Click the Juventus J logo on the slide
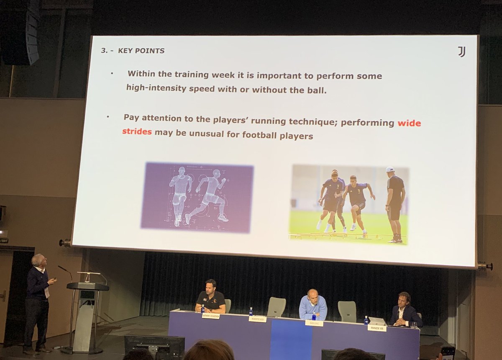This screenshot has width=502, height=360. coord(461,52)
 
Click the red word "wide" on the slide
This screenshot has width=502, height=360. coord(409,123)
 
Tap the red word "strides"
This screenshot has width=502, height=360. coord(137,132)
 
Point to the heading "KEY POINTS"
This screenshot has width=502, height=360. coord(141,51)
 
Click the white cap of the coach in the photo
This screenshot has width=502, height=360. coord(390,170)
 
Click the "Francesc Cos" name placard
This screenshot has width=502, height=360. coord(376,328)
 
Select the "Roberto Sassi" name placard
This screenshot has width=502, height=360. coord(257,319)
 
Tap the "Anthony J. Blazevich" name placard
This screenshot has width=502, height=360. coord(210,316)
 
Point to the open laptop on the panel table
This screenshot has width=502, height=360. coord(378,321)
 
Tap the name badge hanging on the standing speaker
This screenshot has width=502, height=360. coord(46,292)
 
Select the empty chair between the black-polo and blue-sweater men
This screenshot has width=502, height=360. coord(277,306)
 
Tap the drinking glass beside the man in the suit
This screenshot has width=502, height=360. coord(414,325)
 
